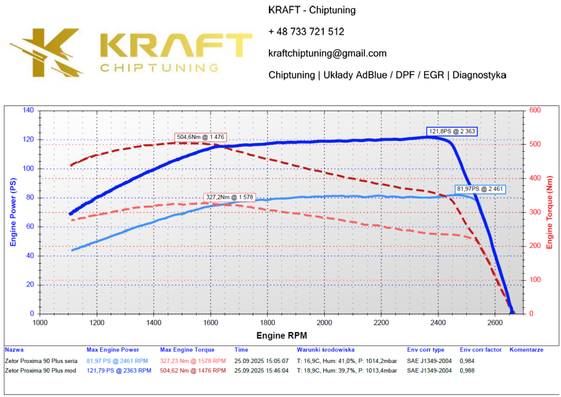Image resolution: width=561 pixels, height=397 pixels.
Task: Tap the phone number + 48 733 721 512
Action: pos(306,32)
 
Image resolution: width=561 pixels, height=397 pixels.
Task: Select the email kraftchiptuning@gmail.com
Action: pos(328,53)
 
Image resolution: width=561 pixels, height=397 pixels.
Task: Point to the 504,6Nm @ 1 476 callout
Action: pos(201,137)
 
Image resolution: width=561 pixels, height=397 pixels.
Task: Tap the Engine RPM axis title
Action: pos(282,335)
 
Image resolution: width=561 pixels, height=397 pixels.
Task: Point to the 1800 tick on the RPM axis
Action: pos(267,322)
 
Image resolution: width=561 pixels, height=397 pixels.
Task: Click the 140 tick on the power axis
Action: pos(28,111)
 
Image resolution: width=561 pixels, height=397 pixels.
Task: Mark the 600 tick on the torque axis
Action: pos(535,111)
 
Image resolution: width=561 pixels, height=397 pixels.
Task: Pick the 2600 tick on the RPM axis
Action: pos(495,322)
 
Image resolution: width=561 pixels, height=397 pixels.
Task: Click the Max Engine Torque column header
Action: pos(187,349)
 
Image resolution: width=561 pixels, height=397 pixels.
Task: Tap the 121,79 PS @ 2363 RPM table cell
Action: pos(119,371)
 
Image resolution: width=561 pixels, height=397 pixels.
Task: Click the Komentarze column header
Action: pos(526,349)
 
